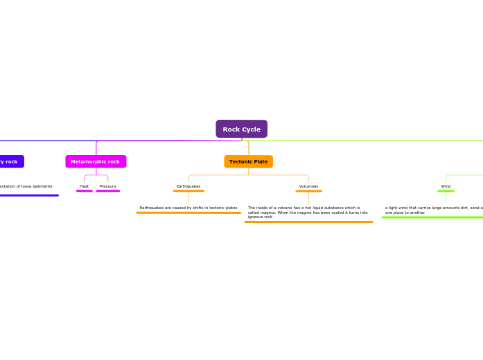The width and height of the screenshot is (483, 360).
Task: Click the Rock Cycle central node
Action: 241,129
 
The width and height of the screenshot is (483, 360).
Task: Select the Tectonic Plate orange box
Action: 248,161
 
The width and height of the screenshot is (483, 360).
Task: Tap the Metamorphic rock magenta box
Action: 96,161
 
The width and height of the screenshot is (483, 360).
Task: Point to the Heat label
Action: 84,186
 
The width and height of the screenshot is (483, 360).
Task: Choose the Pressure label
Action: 107,186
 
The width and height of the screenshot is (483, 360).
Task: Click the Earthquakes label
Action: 188,186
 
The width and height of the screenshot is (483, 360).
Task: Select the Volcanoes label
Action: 308,186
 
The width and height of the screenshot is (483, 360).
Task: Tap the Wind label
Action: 446,186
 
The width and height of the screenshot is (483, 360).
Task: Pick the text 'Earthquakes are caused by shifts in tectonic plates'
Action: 188,208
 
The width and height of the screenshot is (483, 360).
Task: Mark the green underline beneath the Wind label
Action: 446,191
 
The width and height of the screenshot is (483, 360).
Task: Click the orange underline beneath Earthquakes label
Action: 188,191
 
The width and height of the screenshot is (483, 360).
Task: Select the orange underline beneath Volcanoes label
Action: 308,191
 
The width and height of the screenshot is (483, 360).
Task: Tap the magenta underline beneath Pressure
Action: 107,191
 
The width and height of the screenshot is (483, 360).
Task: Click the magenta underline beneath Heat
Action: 84,191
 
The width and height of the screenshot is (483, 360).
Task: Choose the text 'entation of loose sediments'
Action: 26,186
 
